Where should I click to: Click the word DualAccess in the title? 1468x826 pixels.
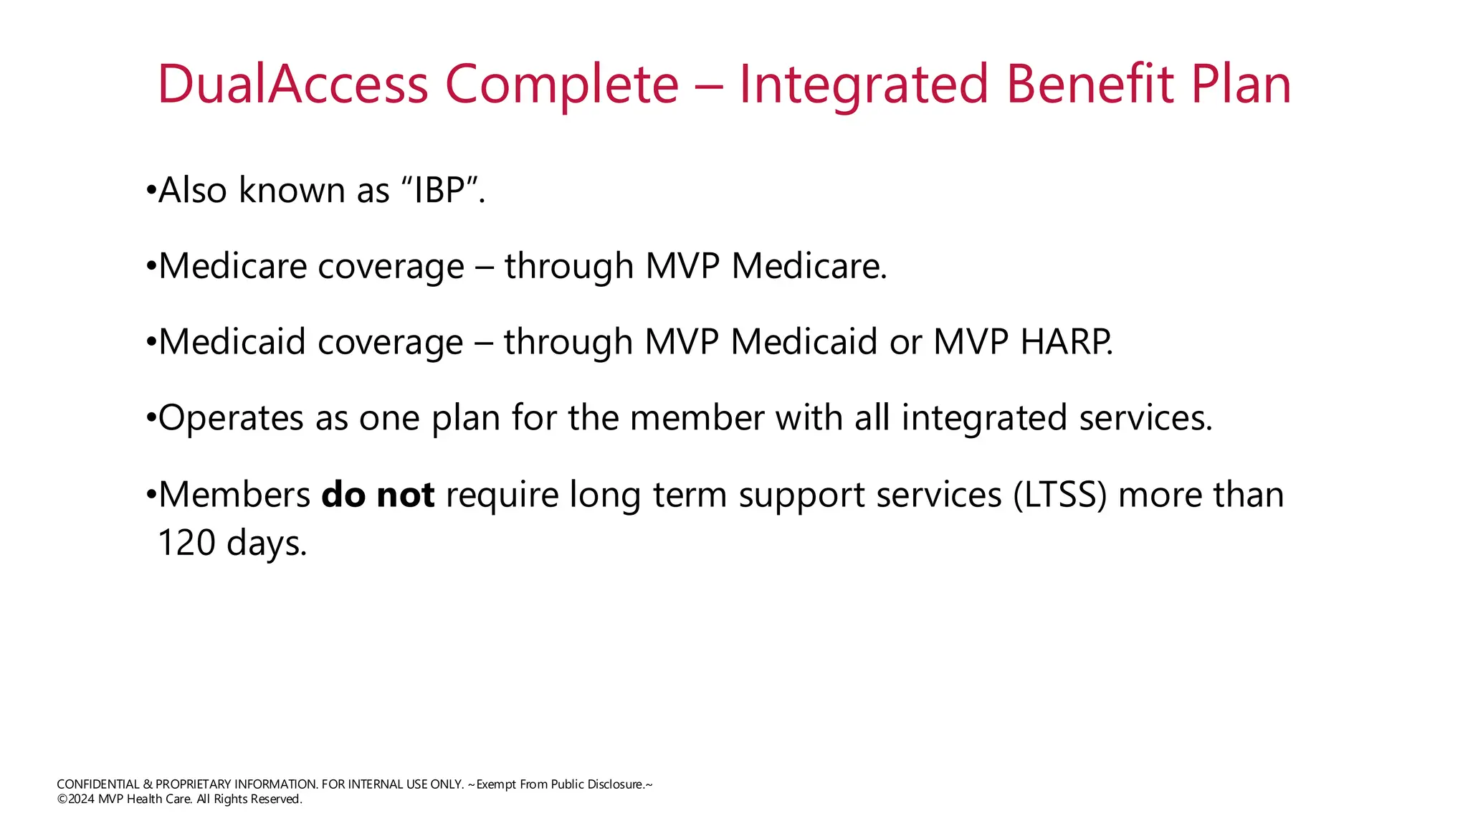tap(293, 84)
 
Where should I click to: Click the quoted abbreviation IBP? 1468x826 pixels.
tap(440, 190)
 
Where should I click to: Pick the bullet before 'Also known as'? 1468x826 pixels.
tap(151, 191)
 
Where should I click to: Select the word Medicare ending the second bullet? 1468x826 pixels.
tap(809, 266)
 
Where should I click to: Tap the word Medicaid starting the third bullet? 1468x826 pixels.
tap(233, 341)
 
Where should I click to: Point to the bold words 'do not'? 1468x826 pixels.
tap(378, 495)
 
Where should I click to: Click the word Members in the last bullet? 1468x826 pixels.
tap(234, 495)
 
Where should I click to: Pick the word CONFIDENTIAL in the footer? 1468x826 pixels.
tap(98, 784)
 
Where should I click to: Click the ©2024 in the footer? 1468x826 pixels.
tap(76, 799)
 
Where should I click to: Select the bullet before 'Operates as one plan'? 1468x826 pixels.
tap(151, 419)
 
